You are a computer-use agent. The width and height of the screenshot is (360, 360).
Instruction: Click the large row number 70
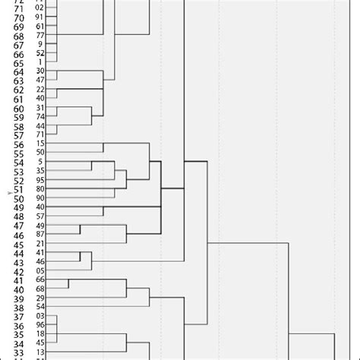coord(18,17)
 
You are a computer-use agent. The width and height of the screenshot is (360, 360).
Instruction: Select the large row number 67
coord(18,45)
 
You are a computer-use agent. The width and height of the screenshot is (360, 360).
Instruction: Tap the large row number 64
coord(18,72)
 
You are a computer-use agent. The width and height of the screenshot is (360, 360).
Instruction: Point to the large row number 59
coord(18,118)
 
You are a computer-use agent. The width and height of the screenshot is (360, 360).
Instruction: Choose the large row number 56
coord(18,145)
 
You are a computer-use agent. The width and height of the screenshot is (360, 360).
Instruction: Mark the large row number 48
coord(18,217)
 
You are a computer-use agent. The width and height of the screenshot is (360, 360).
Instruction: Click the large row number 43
coord(18,263)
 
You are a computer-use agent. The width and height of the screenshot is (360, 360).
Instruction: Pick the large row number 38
coord(18,308)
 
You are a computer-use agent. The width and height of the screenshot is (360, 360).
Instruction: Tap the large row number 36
coord(18,327)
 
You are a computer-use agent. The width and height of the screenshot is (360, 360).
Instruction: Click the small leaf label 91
coord(40,17)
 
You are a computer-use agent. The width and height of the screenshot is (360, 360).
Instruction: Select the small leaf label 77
coord(40,35)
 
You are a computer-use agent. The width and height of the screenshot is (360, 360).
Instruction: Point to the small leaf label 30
coord(40,71)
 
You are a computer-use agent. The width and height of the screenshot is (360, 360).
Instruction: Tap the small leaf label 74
coord(40,116)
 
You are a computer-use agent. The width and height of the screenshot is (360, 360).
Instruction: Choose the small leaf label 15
coord(40,144)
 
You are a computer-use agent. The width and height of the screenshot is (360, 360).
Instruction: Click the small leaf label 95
coord(40,180)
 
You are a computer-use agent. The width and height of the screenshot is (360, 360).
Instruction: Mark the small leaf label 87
coord(40,234)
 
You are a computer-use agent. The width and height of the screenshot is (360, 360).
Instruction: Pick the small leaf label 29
coord(40,298)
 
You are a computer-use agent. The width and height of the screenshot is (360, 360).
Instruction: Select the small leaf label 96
coord(40,325)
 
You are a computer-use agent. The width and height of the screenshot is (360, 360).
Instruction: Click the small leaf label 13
coord(40,352)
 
